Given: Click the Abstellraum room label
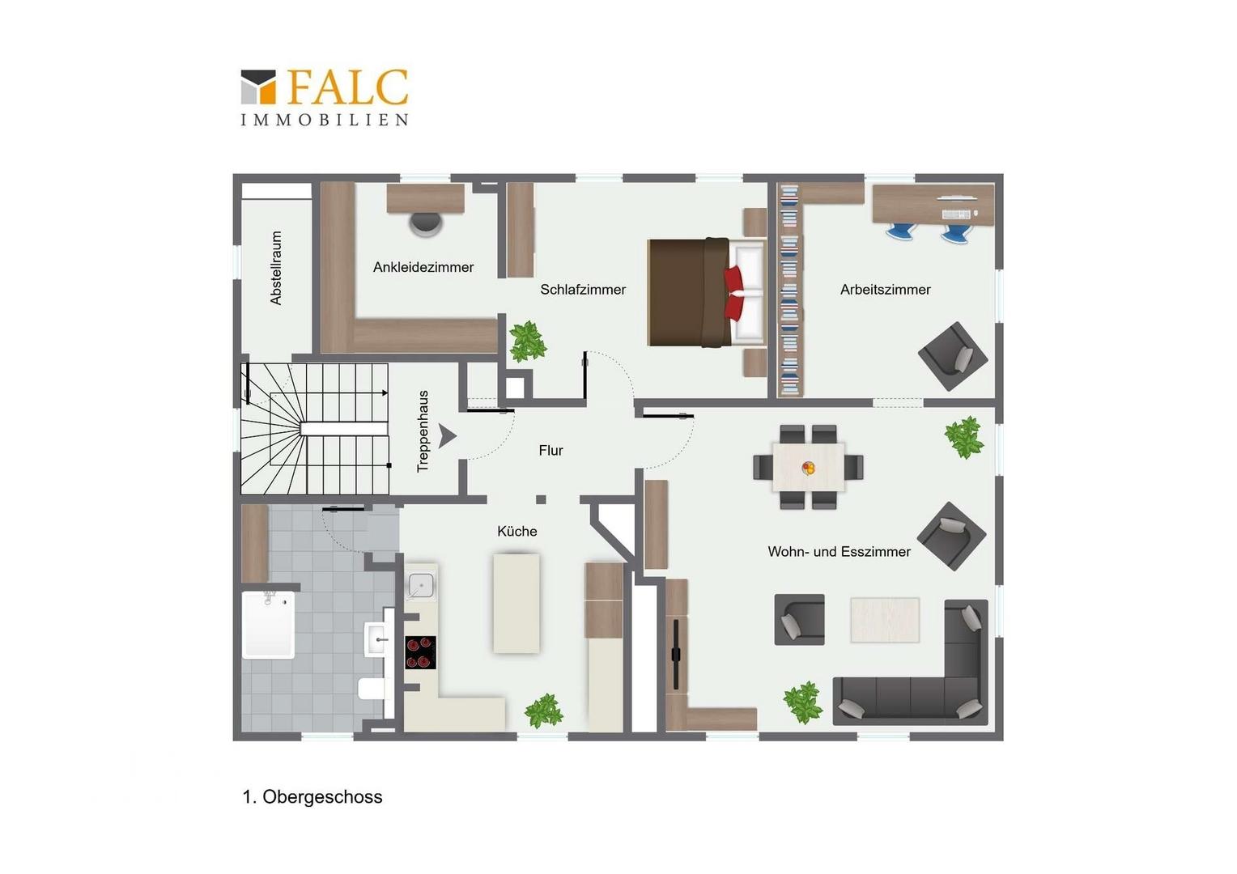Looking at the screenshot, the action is click(275, 268).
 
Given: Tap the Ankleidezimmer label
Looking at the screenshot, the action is click(423, 267).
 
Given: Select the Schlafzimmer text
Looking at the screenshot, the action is click(583, 289).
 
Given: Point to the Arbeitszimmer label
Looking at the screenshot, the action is click(885, 289).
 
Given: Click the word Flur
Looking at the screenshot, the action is click(550, 451).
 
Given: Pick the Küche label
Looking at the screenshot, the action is click(516, 531).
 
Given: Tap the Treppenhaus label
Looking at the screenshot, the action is click(423, 432).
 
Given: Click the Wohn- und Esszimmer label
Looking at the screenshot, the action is click(839, 552).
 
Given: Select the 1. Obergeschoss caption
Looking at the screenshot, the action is click(312, 796).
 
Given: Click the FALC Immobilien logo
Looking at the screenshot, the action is click(325, 97).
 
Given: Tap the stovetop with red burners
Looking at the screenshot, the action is click(420, 652).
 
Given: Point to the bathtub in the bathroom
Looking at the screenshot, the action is click(269, 625).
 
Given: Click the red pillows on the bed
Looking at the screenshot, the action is click(733, 293).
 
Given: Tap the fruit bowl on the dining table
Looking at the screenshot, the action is click(808, 469).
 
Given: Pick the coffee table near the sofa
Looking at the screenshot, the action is click(885, 619).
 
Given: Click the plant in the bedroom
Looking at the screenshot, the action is click(527, 341).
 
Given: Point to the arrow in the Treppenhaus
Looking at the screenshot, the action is click(448, 436).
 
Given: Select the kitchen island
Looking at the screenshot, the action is click(516, 604).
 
